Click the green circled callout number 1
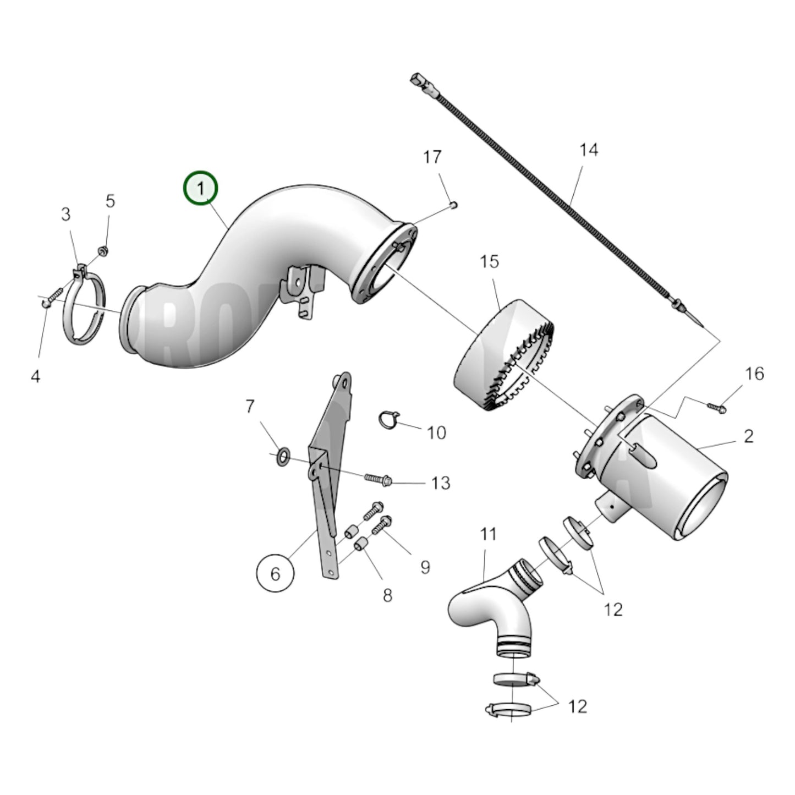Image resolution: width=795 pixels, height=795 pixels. pyautogui.click(x=200, y=189)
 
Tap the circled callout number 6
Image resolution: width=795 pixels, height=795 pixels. pyautogui.click(x=275, y=573)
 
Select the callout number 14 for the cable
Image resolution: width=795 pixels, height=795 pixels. pyautogui.click(x=588, y=150)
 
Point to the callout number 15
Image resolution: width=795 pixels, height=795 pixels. pyautogui.click(x=489, y=261)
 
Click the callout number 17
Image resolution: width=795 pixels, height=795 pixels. pyautogui.click(x=432, y=157)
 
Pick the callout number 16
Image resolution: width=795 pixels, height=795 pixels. pyautogui.click(x=754, y=374)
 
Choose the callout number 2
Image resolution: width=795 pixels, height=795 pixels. pyautogui.click(x=748, y=436)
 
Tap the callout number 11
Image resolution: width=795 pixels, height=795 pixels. pyautogui.click(x=488, y=534)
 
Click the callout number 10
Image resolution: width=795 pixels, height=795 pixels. pyautogui.click(x=436, y=432)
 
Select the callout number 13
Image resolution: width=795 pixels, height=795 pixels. pyautogui.click(x=440, y=483)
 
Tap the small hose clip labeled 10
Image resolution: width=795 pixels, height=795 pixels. pyautogui.click(x=388, y=420)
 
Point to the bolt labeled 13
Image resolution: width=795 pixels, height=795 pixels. pyautogui.click(x=378, y=479)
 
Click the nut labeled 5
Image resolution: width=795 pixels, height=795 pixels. pyautogui.click(x=102, y=251)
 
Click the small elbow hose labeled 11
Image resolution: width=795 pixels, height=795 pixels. pyautogui.click(x=490, y=611)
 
